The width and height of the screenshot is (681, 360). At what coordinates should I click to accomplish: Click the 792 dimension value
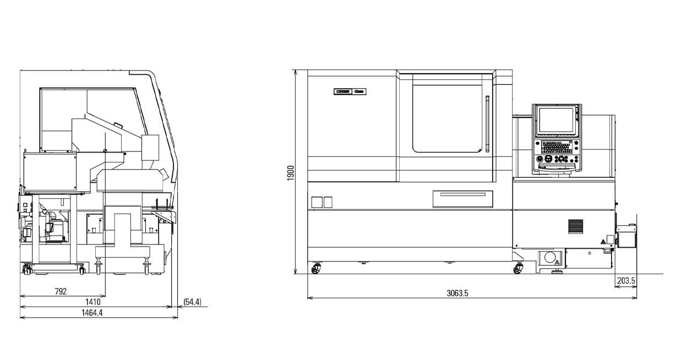(61, 292)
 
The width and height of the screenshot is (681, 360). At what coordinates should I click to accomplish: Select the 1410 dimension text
(92, 302)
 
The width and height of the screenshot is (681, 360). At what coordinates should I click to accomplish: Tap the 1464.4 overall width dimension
(92, 313)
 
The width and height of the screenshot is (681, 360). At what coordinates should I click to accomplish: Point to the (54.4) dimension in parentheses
(192, 302)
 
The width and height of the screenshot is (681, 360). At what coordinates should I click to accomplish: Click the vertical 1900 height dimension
(291, 172)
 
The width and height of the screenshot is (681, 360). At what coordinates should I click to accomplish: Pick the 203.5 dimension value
(626, 281)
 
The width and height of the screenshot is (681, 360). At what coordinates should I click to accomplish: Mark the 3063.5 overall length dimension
(457, 293)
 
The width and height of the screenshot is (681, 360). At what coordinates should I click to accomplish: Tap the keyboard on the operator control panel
(557, 147)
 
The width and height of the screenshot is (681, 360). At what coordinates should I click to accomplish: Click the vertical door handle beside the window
(487, 124)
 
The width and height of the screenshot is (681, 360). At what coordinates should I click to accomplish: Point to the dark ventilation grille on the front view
(575, 226)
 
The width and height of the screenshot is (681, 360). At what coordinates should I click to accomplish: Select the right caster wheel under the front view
(518, 269)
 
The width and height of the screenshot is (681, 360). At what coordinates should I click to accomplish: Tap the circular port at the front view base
(549, 258)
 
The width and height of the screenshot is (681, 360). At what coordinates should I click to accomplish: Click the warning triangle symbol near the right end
(603, 241)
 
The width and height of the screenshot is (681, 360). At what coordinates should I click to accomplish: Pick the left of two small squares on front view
(316, 202)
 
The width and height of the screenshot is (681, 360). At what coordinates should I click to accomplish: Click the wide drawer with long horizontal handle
(462, 198)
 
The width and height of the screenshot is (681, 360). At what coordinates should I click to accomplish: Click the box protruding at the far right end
(626, 236)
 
